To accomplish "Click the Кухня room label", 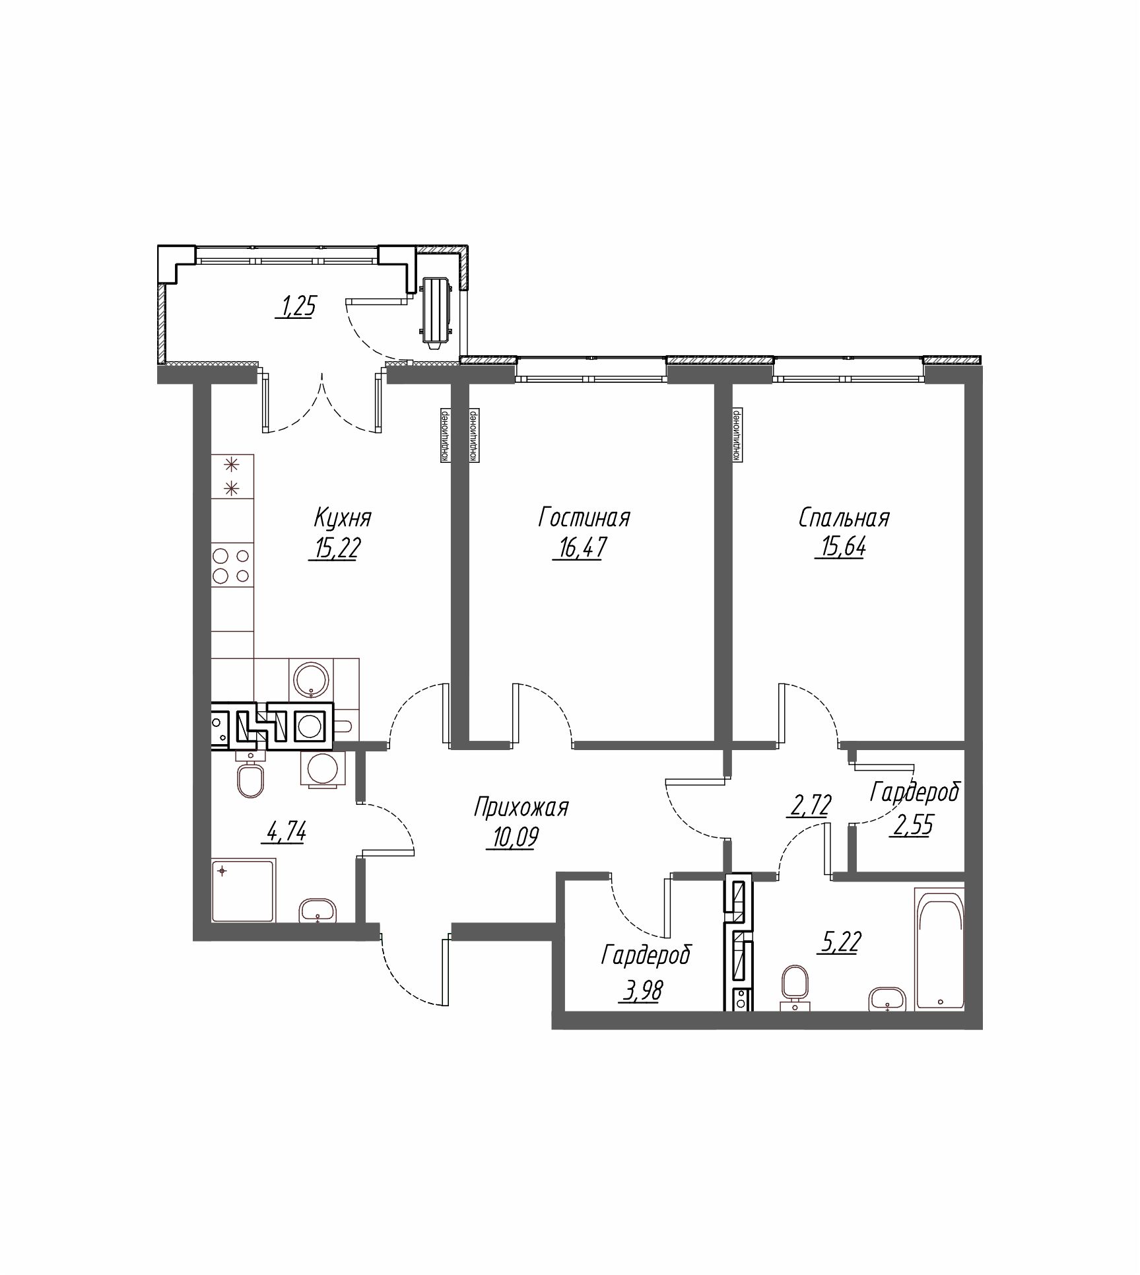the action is [343, 518].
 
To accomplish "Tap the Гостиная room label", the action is [584, 518].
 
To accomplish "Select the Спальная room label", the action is [844, 518].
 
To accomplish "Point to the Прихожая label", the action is [521, 807].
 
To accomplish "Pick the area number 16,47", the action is [579, 548].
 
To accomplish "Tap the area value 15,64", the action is [840, 548].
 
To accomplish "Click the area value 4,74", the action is [286, 833].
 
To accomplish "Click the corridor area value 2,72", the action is [808, 806].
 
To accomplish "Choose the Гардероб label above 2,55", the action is [914, 792].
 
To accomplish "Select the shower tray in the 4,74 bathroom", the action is [242, 891].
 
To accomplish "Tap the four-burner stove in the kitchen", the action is [232, 565].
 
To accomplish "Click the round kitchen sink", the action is [312, 678].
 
